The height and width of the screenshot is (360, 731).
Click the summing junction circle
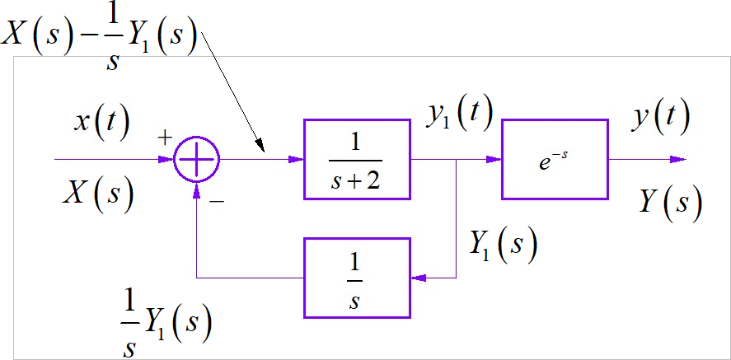[x=197, y=159]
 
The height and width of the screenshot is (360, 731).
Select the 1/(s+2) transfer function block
[x=357, y=159]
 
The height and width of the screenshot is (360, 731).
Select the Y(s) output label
[x=671, y=201]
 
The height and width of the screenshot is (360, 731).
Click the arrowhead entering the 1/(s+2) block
[x=297, y=159]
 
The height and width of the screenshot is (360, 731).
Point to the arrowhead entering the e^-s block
[x=495, y=159]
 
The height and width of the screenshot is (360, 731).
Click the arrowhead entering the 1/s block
[x=417, y=278]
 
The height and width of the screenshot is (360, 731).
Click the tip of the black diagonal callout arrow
[x=264, y=152]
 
